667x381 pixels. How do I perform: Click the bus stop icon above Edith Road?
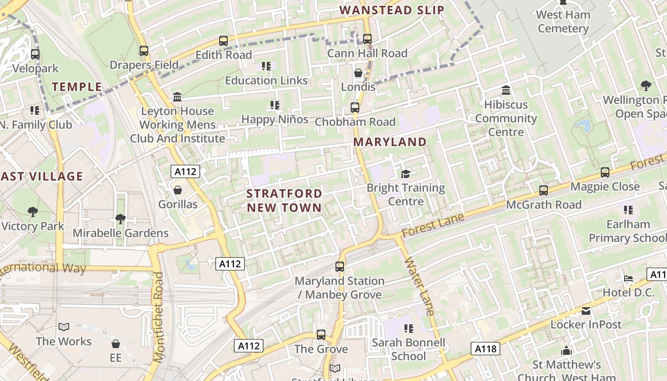(x=223, y=41)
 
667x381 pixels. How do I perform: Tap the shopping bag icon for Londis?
(x=358, y=73)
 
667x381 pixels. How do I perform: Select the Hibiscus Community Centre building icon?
(x=506, y=90)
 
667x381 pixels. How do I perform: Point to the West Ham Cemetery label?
(x=563, y=21)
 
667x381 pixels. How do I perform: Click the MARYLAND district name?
(x=390, y=142)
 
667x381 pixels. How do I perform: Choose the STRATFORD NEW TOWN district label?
(x=284, y=201)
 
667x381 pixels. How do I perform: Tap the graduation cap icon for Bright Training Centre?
(x=405, y=174)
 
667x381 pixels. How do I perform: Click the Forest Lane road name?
(x=432, y=225)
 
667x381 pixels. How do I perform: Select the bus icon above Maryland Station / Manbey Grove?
(x=340, y=267)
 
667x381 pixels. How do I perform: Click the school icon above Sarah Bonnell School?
(x=408, y=328)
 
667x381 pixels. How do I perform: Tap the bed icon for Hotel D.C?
(x=628, y=278)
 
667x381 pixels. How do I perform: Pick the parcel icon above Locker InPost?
(x=586, y=311)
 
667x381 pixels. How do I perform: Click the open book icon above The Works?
(x=64, y=327)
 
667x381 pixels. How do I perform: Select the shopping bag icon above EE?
(x=116, y=343)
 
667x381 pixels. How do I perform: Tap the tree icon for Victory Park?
(x=33, y=212)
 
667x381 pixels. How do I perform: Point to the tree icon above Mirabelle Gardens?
(x=120, y=219)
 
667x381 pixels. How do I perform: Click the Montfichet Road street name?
(x=159, y=312)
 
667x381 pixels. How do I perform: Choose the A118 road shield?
(x=486, y=349)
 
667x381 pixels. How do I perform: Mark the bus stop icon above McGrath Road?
(x=544, y=190)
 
